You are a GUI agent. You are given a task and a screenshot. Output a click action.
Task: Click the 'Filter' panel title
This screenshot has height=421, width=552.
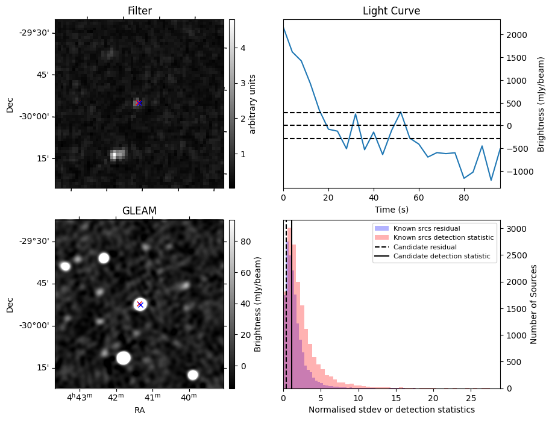[139, 11]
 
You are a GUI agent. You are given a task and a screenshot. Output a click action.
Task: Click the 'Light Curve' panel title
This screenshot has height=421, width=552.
[391, 11]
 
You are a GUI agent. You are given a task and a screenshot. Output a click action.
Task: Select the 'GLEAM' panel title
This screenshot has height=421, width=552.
[139, 211]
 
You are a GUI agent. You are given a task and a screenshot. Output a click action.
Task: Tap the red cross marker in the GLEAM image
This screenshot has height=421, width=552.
[140, 304]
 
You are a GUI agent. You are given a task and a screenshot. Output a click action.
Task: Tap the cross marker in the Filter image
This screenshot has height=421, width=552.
[139, 103]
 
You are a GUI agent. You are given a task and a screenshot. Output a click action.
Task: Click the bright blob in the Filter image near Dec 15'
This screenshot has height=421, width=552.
[117, 155]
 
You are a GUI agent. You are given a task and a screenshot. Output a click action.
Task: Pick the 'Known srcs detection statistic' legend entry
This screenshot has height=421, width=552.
[443, 238]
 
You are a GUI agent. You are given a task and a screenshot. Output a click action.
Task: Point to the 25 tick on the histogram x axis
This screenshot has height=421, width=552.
[470, 398]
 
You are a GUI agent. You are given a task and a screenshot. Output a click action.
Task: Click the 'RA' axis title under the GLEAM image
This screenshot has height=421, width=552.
[139, 410]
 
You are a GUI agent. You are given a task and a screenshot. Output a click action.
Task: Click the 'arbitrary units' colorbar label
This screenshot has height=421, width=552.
[253, 104]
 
